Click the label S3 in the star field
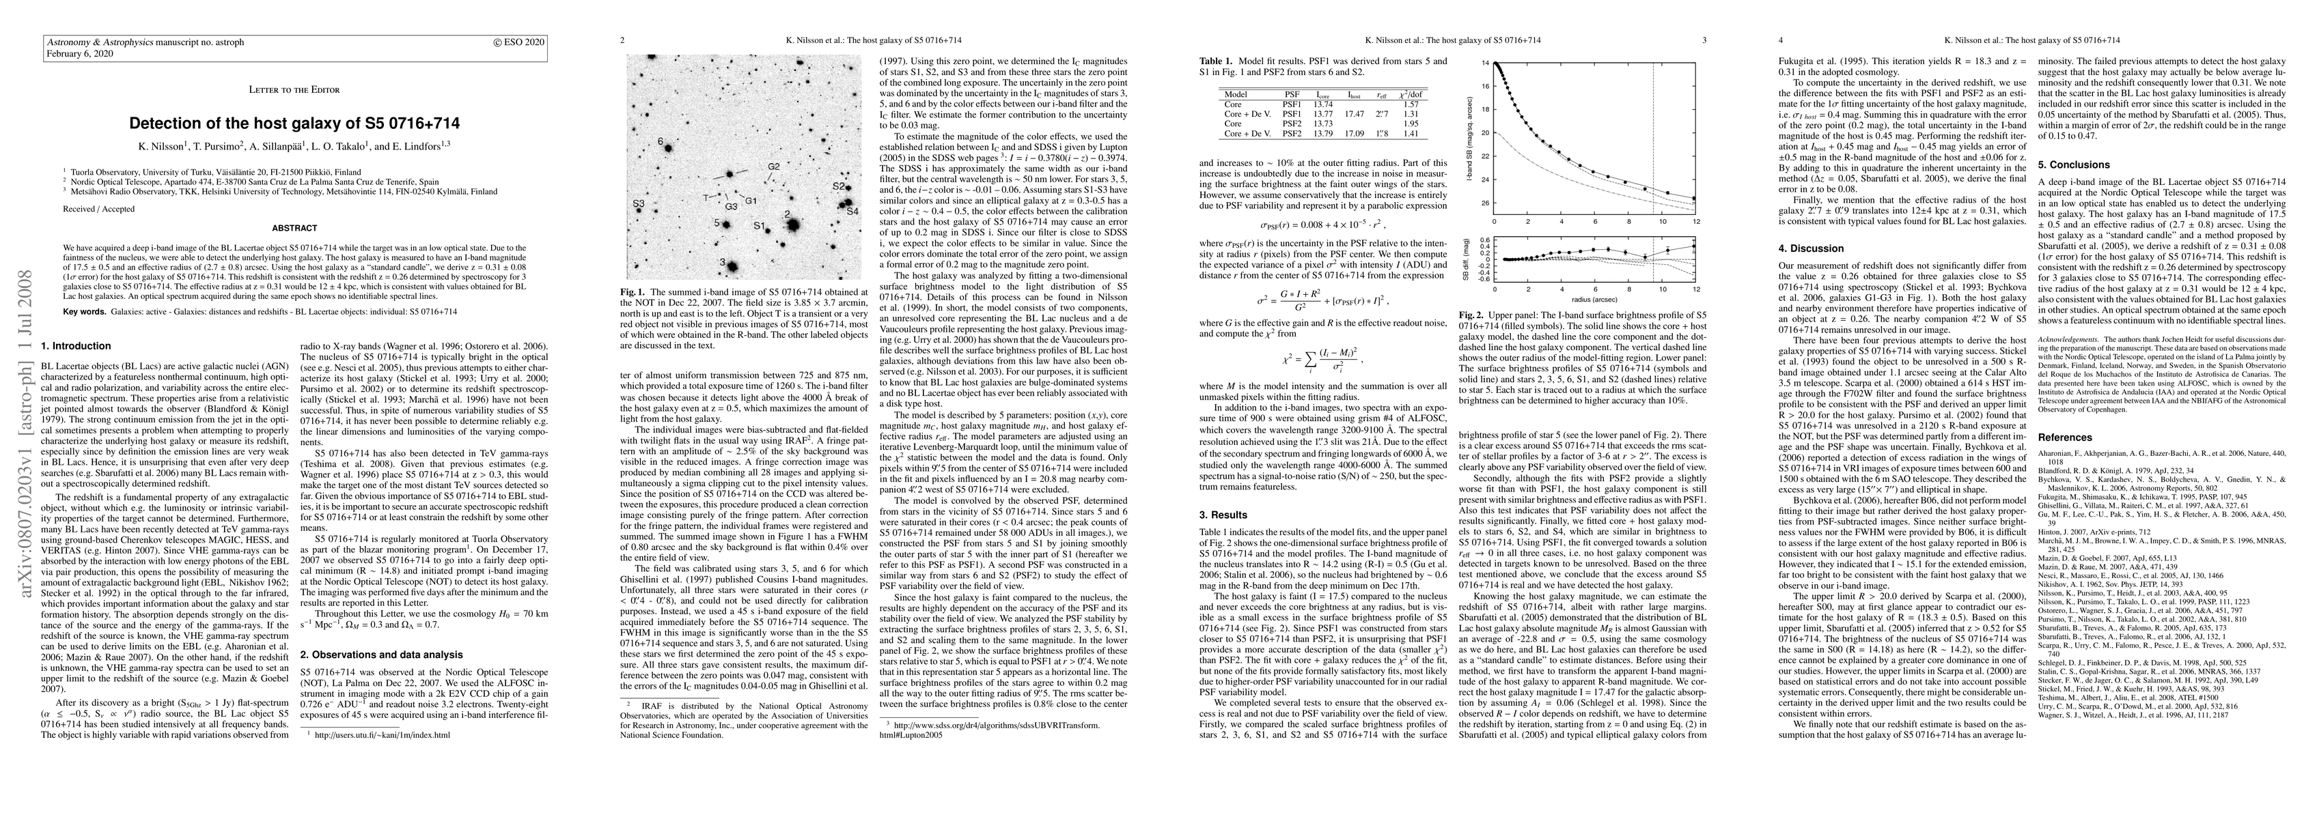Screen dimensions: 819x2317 [638, 204]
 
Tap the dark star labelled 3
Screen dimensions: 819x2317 [732, 267]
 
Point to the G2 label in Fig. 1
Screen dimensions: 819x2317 [773, 167]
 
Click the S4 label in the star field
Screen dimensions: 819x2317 [852, 212]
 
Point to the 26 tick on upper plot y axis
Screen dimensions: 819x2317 [1486, 203]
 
